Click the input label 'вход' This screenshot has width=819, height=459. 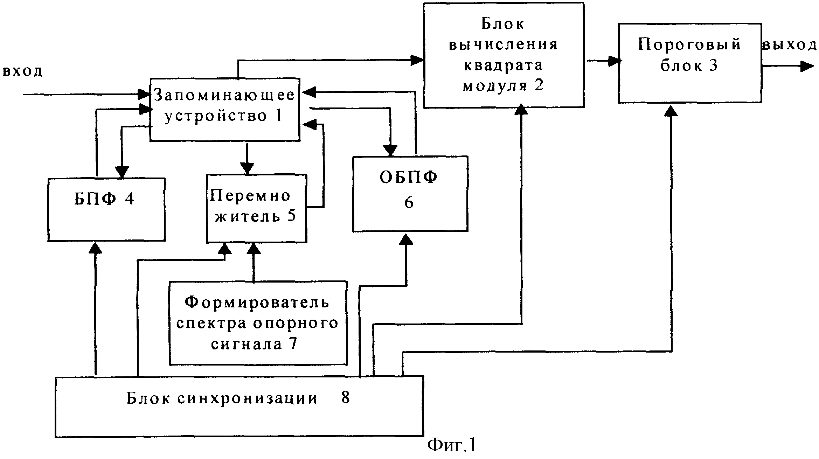[x=23, y=71]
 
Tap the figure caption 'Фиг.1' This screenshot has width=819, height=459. [x=452, y=445]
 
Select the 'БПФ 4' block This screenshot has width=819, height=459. [x=106, y=210]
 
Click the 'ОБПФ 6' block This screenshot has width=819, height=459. [x=410, y=194]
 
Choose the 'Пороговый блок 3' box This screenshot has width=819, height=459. [x=690, y=63]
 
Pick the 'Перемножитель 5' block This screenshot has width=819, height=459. [x=256, y=208]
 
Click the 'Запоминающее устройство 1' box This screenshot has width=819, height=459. [x=225, y=110]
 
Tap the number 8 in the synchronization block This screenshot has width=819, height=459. [x=346, y=398]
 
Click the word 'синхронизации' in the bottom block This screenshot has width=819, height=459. [x=247, y=398]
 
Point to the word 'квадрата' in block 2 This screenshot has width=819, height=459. [x=504, y=65]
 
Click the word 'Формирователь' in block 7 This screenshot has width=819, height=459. [x=257, y=302]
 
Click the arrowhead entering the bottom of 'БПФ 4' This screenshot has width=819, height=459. [x=95, y=248]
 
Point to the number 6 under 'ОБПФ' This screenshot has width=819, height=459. [x=409, y=202]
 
